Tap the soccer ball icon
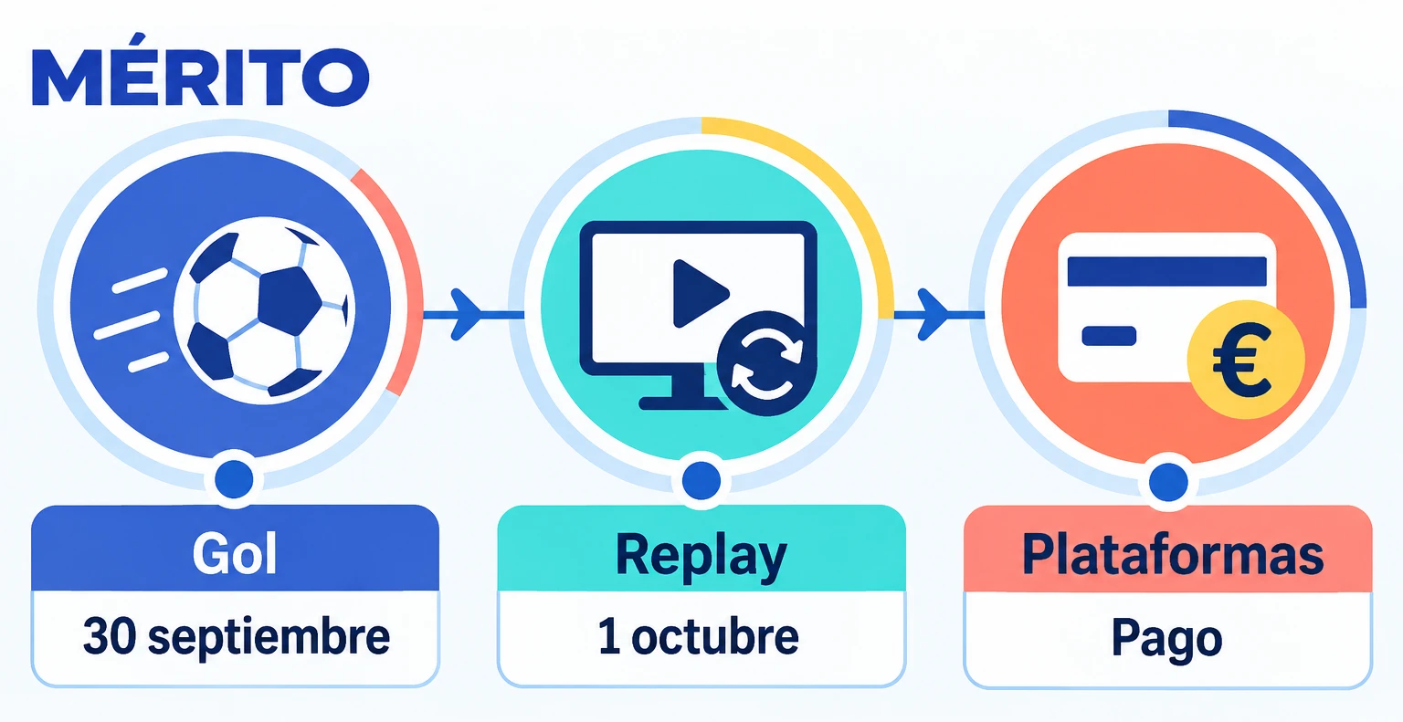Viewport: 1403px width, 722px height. pos(264,311)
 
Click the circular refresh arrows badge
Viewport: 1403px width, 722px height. pos(767,363)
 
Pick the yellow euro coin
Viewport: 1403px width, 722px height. pos(1246,360)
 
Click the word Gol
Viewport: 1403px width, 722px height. pos(235,554)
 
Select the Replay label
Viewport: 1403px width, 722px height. pos(701,556)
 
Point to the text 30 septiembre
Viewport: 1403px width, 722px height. pos(237,637)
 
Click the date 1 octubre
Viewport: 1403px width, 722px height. pos(699,636)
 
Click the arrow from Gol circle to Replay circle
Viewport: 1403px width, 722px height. pos(473,315)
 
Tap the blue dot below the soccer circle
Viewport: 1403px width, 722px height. pos(234,480)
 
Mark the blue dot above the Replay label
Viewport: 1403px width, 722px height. pos(701,480)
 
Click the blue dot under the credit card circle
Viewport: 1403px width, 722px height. pos(1168,482)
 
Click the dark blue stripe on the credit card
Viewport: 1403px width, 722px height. pos(1166,271)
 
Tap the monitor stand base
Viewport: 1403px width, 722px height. pos(682,403)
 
